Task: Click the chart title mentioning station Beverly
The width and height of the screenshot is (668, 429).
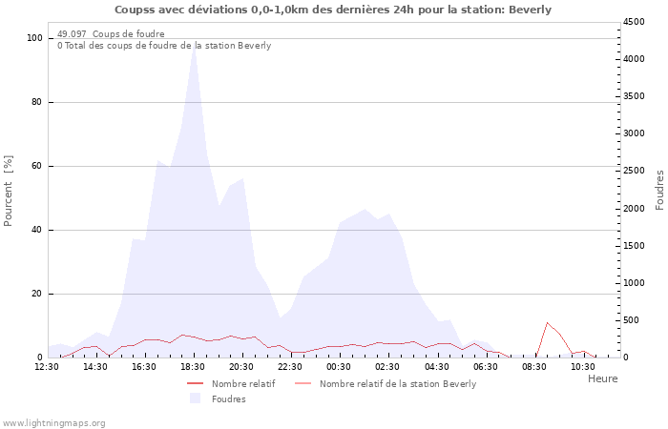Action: (x=333, y=10)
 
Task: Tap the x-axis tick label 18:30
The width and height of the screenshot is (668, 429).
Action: (x=193, y=367)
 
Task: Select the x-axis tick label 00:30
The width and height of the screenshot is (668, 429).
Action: (x=339, y=367)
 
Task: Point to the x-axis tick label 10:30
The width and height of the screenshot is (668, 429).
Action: (x=582, y=367)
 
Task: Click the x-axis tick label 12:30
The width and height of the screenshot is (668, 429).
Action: (x=47, y=367)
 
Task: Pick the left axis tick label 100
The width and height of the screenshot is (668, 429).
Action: (x=34, y=38)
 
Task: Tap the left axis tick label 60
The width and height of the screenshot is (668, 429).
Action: (x=37, y=166)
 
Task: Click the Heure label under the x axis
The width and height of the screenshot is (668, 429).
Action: (x=602, y=378)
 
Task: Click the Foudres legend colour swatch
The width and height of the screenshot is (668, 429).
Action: (x=195, y=398)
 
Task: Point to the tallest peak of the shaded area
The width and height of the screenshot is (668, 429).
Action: (x=194, y=45)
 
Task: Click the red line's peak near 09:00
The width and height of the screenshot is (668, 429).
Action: (x=547, y=323)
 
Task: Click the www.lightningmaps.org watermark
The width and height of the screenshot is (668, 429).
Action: (x=54, y=422)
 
